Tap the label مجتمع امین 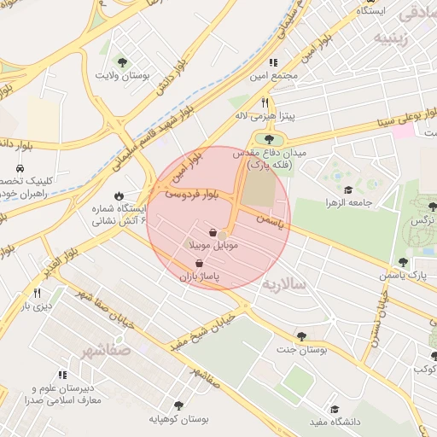click(x=275, y=76)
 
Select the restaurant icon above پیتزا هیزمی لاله click(x=265, y=102)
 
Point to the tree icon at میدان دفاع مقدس click(x=269, y=138)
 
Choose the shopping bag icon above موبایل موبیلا click(x=212, y=232)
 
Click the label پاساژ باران click(x=199, y=277)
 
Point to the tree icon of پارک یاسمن click(x=403, y=262)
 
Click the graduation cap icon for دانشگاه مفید click(x=335, y=410)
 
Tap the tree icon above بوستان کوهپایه click(x=178, y=405)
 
